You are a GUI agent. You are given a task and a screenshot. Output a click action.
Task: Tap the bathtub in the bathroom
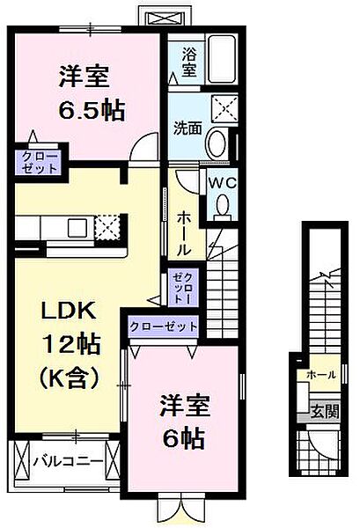(221, 59)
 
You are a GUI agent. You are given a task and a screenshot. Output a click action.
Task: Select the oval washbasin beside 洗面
(217, 143)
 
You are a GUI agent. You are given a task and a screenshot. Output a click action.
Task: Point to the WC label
(222, 183)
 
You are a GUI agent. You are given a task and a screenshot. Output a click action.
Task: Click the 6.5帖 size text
(92, 111)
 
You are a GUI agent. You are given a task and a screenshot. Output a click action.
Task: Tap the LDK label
(69, 312)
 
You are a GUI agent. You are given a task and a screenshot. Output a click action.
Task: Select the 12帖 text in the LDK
(71, 344)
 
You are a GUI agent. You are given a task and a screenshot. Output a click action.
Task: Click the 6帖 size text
(184, 439)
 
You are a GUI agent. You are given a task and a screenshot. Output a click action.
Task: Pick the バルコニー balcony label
(69, 461)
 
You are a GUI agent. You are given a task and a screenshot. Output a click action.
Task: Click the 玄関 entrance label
(325, 412)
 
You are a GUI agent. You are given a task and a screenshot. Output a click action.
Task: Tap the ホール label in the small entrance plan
(321, 375)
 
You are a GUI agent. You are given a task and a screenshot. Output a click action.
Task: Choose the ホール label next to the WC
(184, 232)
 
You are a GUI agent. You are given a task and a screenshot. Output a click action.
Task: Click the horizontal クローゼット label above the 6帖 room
(164, 326)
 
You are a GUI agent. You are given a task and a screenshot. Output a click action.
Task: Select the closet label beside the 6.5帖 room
(40, 163)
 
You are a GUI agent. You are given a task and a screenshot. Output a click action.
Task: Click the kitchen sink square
(78, 228)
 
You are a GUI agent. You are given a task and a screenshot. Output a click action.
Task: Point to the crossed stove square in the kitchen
(107, 227)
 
